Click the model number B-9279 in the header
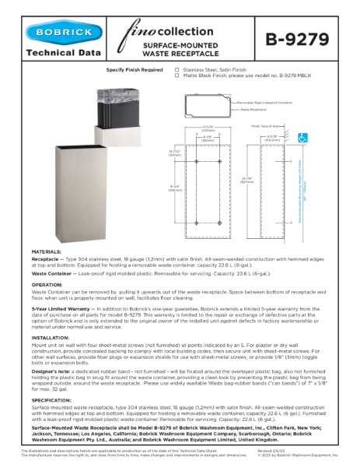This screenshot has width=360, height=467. point(297,40)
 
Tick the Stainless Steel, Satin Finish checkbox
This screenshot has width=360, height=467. point(177,70)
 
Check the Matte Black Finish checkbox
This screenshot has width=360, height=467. point(177,77)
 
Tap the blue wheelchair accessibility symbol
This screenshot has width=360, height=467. point(302,138)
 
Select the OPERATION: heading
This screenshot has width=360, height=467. point(47,285)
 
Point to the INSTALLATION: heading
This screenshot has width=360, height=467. point(51,339)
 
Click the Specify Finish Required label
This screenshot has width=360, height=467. point(135,70)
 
